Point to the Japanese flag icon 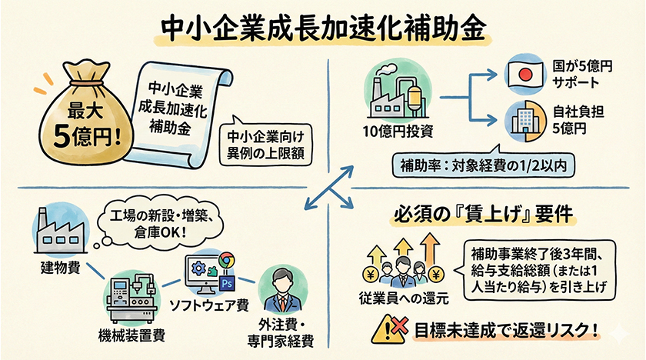(527, 74)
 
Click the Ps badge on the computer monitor (228, 282)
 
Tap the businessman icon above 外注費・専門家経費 (281, 290)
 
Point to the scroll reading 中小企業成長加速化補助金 (177, 108)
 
